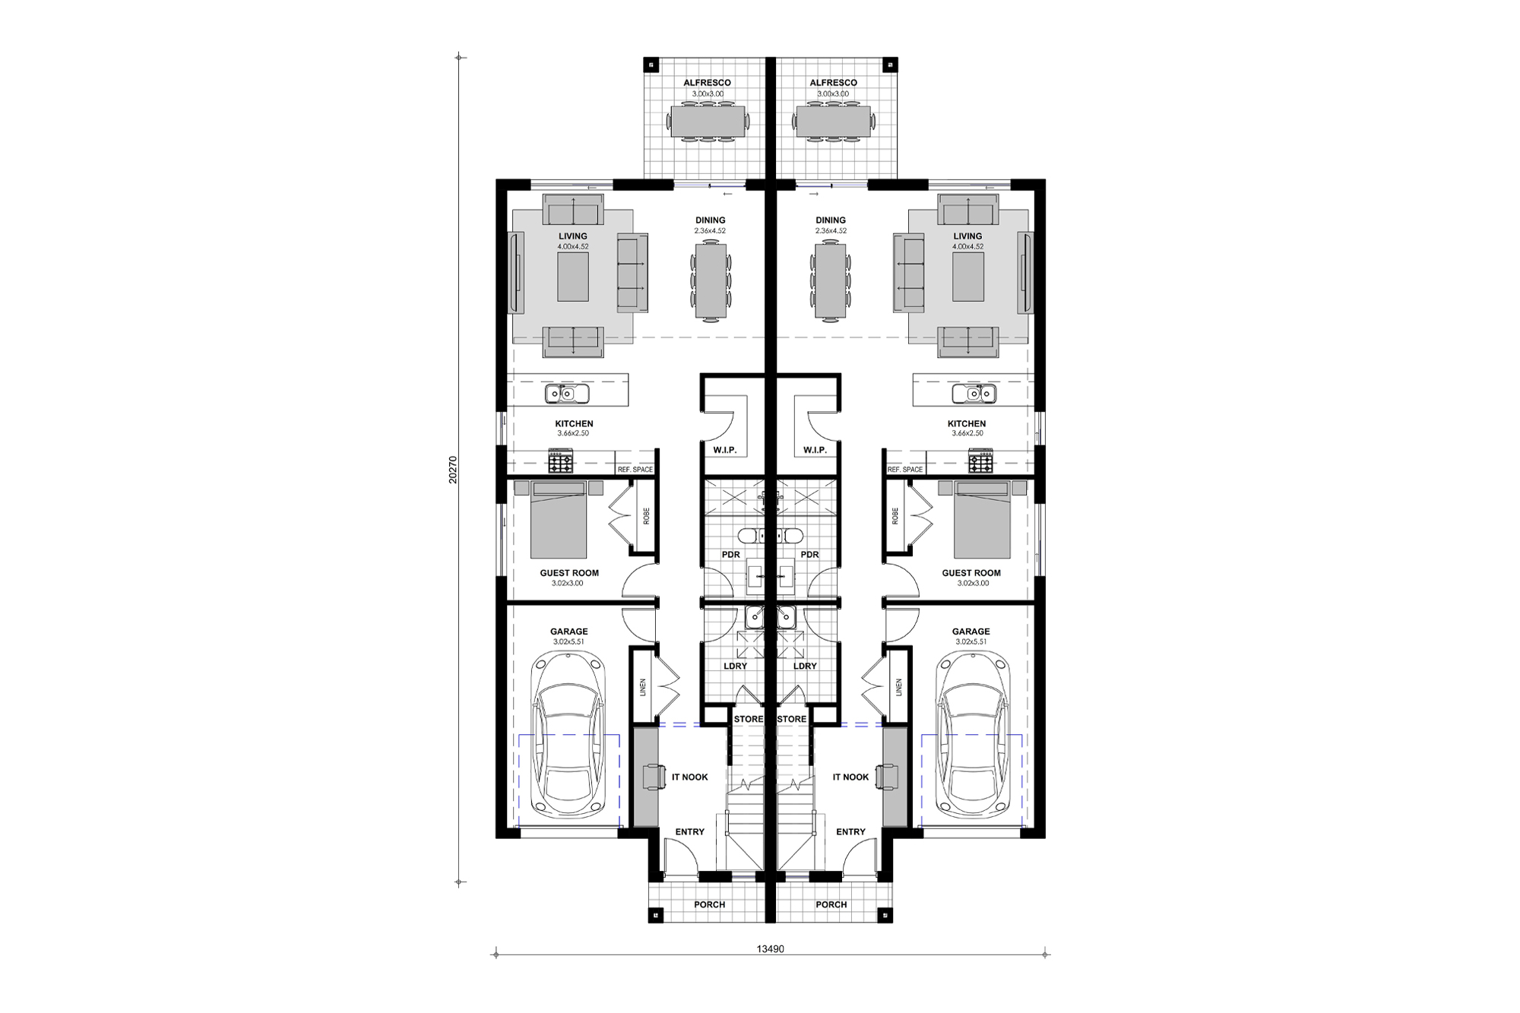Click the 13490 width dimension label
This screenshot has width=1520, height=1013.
[770, 948]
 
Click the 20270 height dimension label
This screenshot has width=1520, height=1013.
[453, 470]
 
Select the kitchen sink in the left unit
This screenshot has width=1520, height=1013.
[566, 394]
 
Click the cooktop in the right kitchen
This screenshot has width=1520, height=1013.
[980, 461]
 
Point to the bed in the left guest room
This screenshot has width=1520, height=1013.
[559, 520]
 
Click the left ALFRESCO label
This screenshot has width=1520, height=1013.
[707, 83]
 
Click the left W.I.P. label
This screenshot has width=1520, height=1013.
[724, 450]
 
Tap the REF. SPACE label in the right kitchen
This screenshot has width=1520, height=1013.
[904, 470]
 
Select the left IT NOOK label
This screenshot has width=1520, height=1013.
[689, 777]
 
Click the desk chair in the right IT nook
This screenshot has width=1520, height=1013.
[886, 777]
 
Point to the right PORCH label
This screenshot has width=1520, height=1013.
[831, 904]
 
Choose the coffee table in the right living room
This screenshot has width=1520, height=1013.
[967, 277]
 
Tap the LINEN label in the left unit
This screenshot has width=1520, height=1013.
[643, 688]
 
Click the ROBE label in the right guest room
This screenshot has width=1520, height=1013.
[895, 516]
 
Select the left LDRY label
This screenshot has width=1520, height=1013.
[735, 666]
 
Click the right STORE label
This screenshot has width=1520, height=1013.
[792, 719]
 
